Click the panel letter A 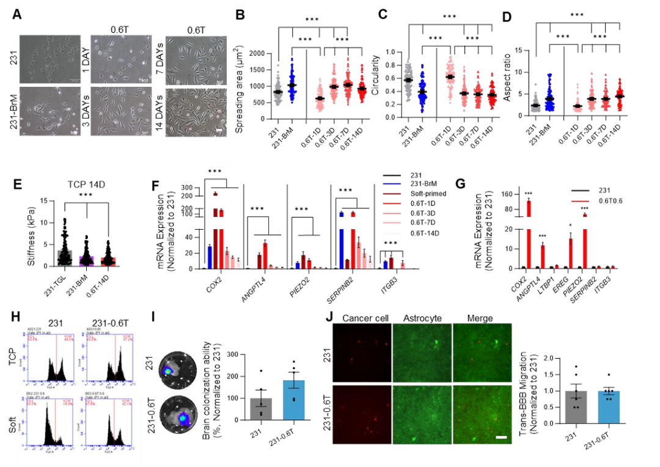(18, 13)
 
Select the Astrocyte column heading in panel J (419, 318)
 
